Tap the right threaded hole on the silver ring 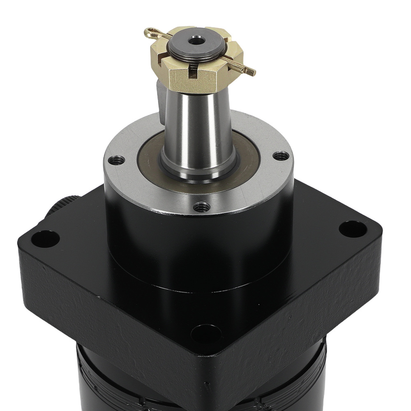[281, 156]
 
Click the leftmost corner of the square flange [20, 242]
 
